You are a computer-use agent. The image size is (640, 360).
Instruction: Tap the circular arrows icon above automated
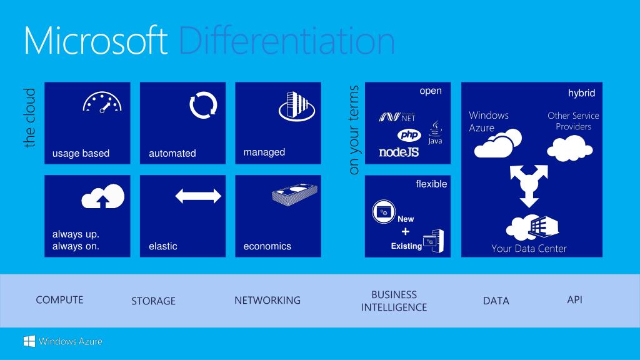click(203, 104)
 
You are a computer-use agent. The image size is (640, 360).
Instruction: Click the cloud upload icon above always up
click(103, 197)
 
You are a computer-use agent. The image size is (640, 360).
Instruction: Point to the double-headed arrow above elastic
click(198, 196)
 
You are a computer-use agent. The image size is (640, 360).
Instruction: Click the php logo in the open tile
click(409, 135)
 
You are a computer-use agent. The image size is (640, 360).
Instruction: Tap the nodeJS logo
click(399, 152)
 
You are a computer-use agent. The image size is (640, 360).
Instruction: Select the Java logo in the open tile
click(436, 133)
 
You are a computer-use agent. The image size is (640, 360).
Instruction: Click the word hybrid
click(581, 93)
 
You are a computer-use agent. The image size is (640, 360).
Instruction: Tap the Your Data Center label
click(529, 249)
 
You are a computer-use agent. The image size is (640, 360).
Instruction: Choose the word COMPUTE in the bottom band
click(59, 300)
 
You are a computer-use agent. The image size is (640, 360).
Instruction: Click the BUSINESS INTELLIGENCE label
click(394, 301)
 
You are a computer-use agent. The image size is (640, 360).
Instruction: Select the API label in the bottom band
click(574, 300)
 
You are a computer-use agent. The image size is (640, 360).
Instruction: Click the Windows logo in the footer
click(29, 341)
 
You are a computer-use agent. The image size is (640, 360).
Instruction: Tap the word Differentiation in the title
click(286, 41)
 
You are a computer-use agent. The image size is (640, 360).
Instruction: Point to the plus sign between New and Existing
click(406, 232)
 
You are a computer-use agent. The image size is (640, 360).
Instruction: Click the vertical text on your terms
click(354, 130)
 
